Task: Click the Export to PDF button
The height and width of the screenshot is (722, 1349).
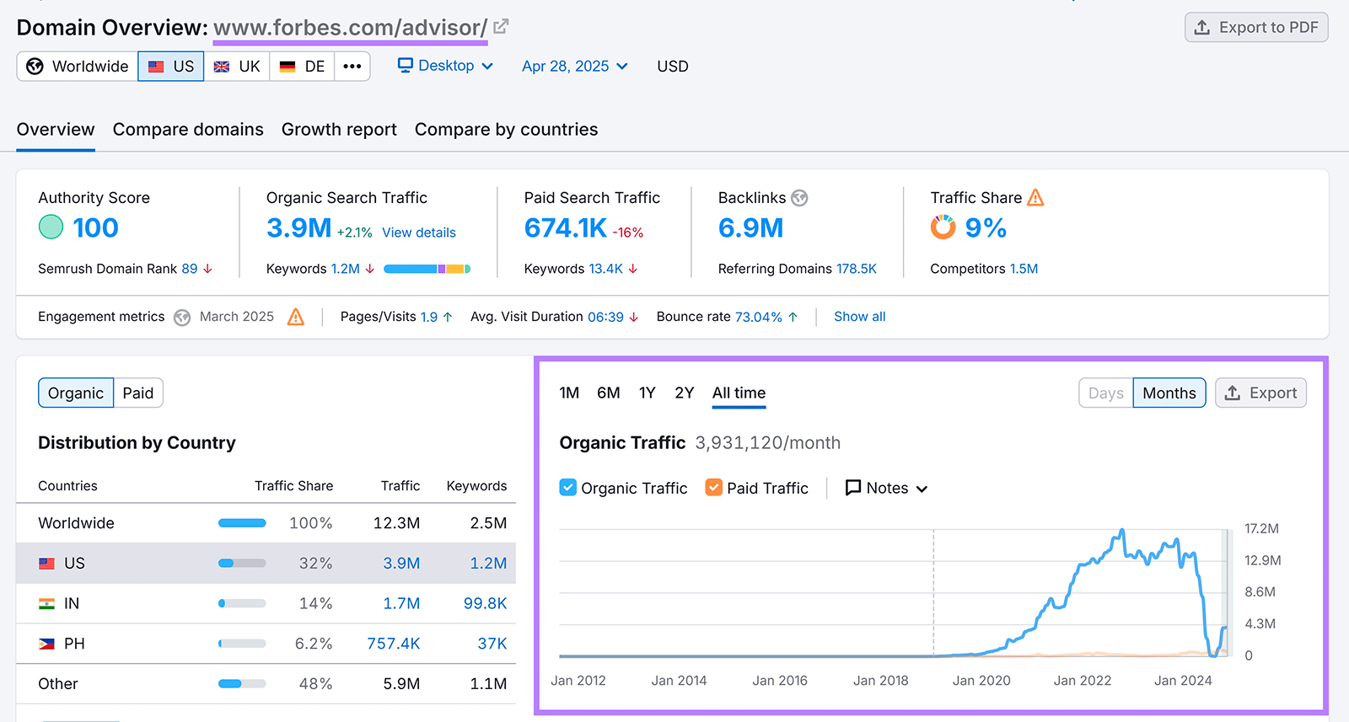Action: (1256, 28)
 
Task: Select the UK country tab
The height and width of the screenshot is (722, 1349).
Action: (237, 67)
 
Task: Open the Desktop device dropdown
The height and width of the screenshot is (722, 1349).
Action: (445, 66)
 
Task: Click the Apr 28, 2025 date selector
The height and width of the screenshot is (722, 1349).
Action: (574, 67)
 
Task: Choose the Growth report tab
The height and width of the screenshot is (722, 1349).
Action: (339, 130)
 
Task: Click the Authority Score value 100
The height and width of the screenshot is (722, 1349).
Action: (95, 227)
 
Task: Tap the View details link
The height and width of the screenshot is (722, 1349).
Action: (418, 233)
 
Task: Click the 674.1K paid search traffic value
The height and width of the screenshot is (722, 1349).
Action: (565, 227)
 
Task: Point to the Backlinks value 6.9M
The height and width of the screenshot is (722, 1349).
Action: (750, 227)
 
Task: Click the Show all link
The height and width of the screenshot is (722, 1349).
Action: (859, 317)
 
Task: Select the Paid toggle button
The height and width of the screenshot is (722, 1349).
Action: (138, 393)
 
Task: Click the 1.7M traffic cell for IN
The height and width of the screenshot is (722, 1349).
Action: (401, 603)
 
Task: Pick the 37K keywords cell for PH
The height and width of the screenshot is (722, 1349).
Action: (492, 644)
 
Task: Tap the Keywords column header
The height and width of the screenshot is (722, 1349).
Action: (476, 486)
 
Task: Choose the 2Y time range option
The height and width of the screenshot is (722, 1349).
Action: (684, 393)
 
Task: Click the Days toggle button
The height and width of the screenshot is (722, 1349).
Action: (1105, 393)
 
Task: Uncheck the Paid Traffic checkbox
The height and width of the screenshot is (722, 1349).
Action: (714, 488)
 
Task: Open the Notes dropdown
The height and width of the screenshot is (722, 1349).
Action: (886, 488)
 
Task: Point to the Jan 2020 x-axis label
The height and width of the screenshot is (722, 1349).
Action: (981, 681)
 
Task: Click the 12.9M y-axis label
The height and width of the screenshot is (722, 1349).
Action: (1262, 560)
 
